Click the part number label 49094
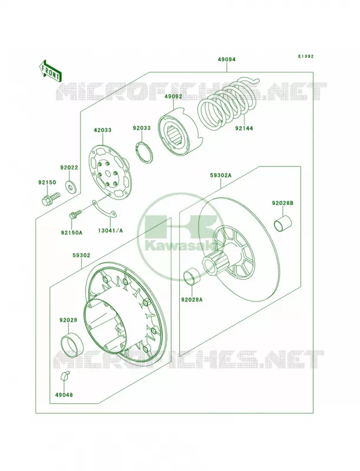tap(227, 59)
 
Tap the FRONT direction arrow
tap(50, 70)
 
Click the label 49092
tap(173, 97)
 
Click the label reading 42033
tap(103, 130)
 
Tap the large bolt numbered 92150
tap(49, 199)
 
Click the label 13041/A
tap(110, 231)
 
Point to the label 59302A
tap(220, 175)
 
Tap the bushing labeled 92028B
tap(283, 224)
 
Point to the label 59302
tap(81, 256)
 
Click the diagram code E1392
tap(306, 56)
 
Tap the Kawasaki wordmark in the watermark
tap(180, 246)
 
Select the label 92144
tap(244, 128)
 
